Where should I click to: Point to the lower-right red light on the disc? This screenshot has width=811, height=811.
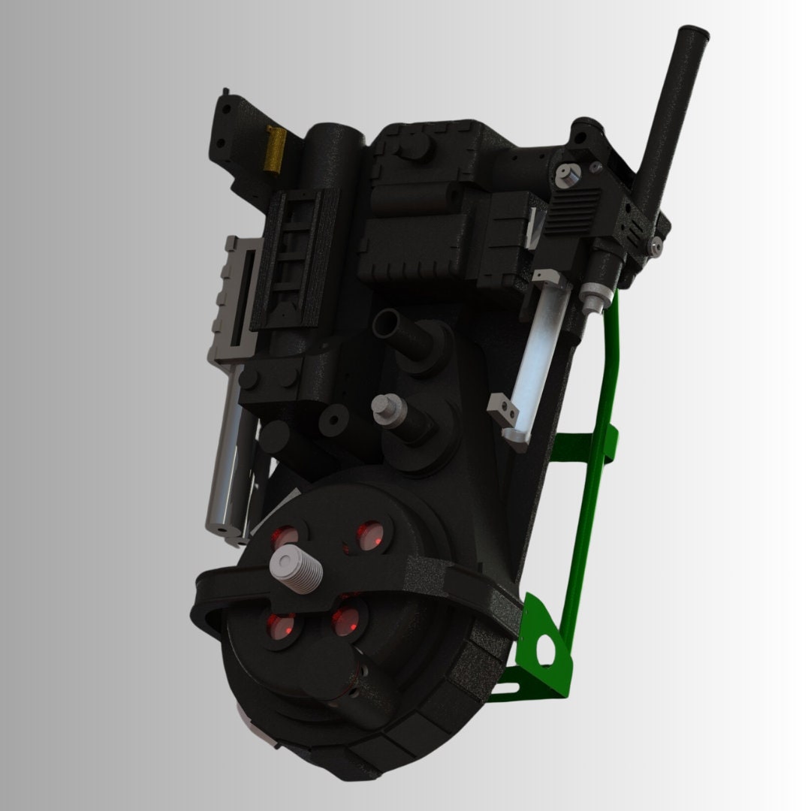[x=346, y=620]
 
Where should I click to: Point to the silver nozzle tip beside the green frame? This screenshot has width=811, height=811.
[x=593, y=302]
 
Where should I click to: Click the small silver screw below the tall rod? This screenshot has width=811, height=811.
[x=657, y=244]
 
